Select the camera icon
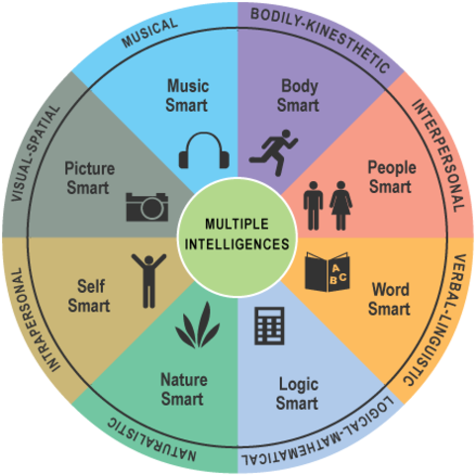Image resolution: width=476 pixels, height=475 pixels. coord(146,205)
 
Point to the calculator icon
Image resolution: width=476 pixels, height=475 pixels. coord(267,325)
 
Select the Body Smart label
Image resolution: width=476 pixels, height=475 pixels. coord(298,96)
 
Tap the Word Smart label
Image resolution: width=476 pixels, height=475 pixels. coord(390,299)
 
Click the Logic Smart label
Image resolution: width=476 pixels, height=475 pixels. coord(298,393)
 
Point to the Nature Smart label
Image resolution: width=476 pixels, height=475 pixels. coord(182,388)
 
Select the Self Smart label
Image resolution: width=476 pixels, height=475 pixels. coord(90,296)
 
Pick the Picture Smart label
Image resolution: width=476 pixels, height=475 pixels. coord(89,178)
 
